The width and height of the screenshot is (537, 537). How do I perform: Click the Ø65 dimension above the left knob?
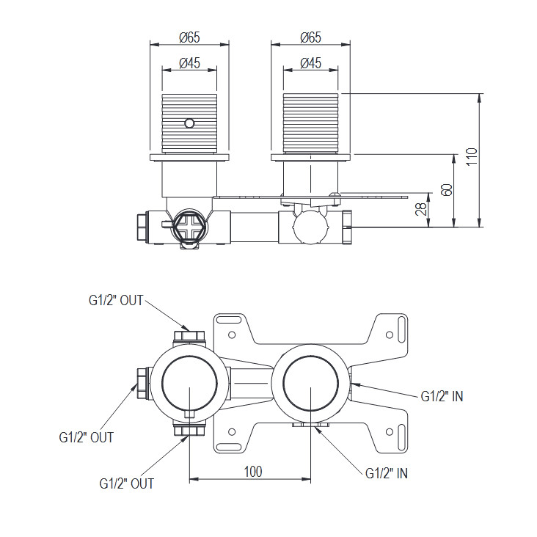point(189,37)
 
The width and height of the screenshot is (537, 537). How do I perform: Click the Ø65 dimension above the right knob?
point(310,37)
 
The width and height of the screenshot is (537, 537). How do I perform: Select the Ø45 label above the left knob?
point(189,63)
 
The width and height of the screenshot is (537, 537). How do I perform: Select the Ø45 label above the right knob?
point(310,63)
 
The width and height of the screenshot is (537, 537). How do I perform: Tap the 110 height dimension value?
point(472,156)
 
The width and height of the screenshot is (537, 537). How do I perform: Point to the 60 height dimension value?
point(447,190)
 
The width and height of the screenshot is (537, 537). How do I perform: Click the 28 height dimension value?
point(421,209)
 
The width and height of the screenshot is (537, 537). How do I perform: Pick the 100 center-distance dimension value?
point(253,472)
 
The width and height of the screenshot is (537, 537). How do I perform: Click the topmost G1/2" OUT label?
point(116,300)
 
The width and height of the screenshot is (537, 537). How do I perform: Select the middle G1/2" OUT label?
point(87,437)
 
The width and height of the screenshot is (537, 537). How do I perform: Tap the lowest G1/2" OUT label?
point(127,483)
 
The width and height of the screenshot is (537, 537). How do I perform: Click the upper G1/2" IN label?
point(442,396)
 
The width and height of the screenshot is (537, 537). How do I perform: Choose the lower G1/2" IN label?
point(387,473)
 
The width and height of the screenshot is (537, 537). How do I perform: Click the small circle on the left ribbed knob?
point(189,123)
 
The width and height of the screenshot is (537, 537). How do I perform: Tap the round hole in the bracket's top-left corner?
point(232,335)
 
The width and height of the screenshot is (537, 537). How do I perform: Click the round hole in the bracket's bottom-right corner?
point(390,432)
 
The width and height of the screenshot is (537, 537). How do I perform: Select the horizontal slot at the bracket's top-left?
point(230,320)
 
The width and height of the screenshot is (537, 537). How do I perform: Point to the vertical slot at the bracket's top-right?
point(402,329)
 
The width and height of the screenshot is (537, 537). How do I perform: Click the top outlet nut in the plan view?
point(189,337)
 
